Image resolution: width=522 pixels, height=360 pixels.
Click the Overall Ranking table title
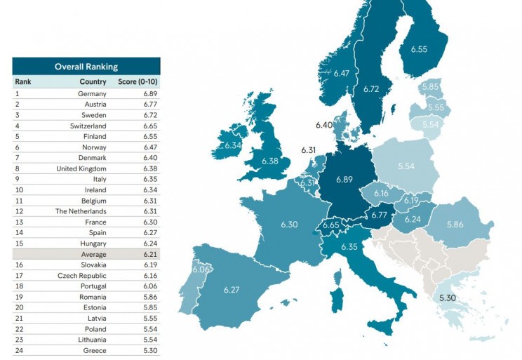coord(86,67)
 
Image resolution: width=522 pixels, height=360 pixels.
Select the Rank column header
coord(23,81)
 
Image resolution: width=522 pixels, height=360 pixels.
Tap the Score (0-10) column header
coord(138,81)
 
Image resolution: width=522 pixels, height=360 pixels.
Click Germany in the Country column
coord(93,93)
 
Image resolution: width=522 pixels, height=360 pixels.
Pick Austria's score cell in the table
coord(146,104)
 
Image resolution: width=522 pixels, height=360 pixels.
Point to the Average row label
coord(93,254)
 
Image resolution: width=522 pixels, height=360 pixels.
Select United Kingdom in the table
coord(81,168)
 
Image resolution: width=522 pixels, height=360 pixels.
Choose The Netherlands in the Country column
coord(81,211)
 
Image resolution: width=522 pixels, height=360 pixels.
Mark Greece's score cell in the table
coord(146,350)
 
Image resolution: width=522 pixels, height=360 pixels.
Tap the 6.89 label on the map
coord(344,180)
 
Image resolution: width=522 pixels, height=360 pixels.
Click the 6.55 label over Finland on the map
coord(420,49)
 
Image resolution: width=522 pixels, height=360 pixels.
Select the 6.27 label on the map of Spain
coord(232,290)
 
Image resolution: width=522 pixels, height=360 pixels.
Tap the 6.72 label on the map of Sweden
coord(373,89)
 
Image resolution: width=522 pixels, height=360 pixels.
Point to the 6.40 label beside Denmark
coord(323,125)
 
